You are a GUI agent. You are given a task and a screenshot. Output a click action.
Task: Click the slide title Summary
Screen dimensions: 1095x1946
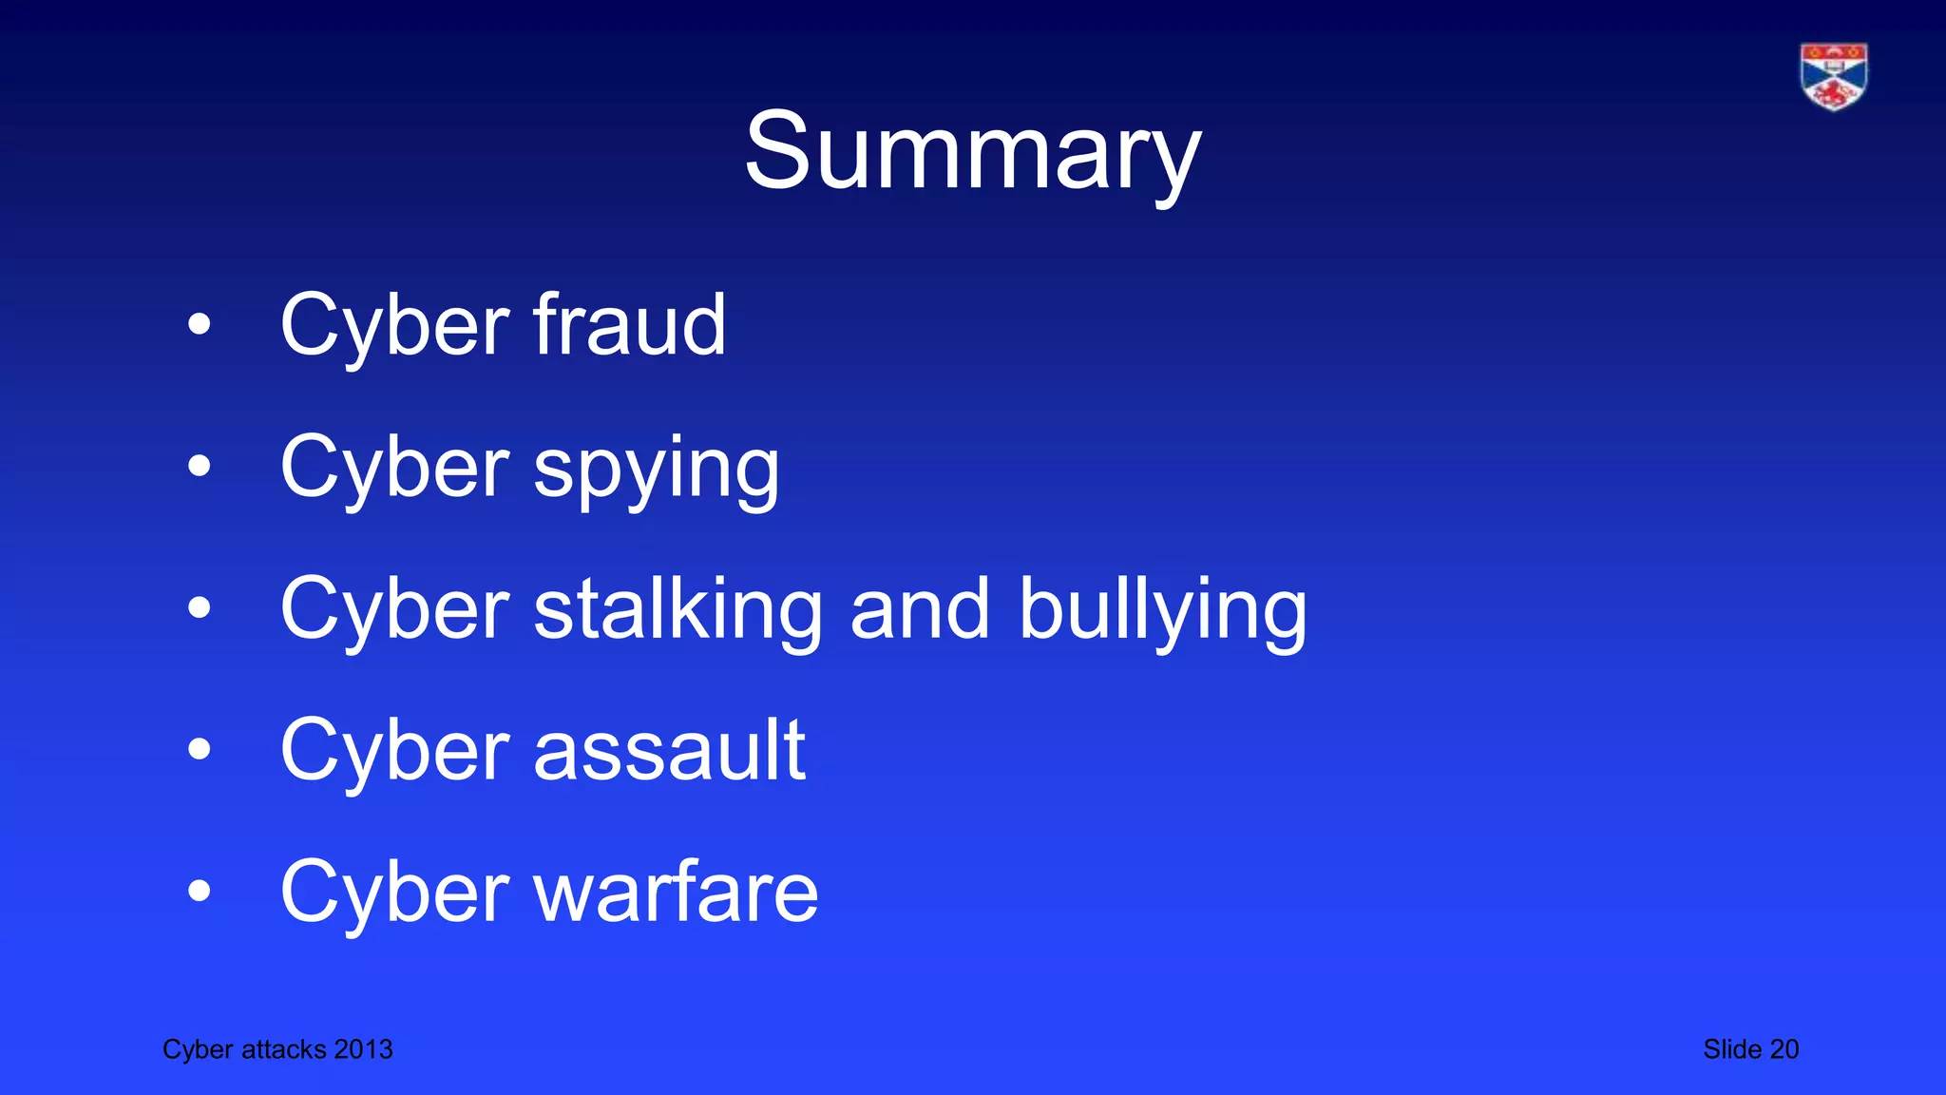click(x=972, y=152)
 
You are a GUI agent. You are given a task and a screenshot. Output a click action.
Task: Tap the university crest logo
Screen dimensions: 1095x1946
click(x=1833, y=76)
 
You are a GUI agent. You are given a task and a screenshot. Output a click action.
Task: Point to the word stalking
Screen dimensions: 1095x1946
click(x=677, y=608)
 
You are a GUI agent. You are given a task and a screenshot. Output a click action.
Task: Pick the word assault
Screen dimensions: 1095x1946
click(x=670, y=750)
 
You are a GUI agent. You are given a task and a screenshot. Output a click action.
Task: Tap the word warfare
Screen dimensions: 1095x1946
click(x=676, y=892)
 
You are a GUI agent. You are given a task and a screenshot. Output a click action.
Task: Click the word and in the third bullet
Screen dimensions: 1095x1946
click(x=920, y=608)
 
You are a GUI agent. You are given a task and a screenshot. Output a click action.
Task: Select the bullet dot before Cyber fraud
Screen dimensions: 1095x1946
click(x=199, y=325)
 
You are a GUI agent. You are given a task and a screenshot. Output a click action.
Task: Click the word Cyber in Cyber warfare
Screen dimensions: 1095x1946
click(x=395, y=893)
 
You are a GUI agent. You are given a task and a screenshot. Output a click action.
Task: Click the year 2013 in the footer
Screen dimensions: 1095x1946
click(x=363, y=1049)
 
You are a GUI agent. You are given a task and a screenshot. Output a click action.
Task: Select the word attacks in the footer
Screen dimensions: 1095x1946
click(x=284, y=1049)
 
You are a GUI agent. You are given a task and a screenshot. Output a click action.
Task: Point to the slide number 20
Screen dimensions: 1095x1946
click(x=1784, y=1049)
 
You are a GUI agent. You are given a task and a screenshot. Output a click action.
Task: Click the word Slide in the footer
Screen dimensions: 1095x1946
click(x=1732, y=1049)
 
